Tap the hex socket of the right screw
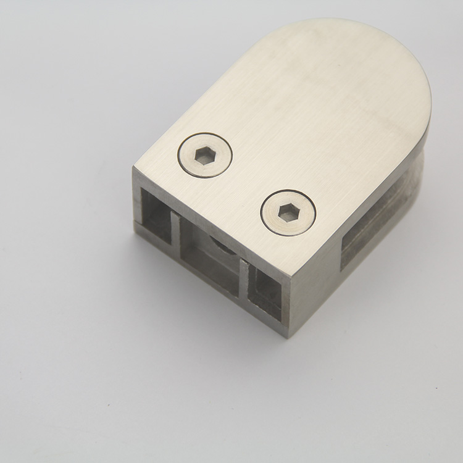point(288,212)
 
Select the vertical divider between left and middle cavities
point(175,226)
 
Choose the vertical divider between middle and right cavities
point(244,275)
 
